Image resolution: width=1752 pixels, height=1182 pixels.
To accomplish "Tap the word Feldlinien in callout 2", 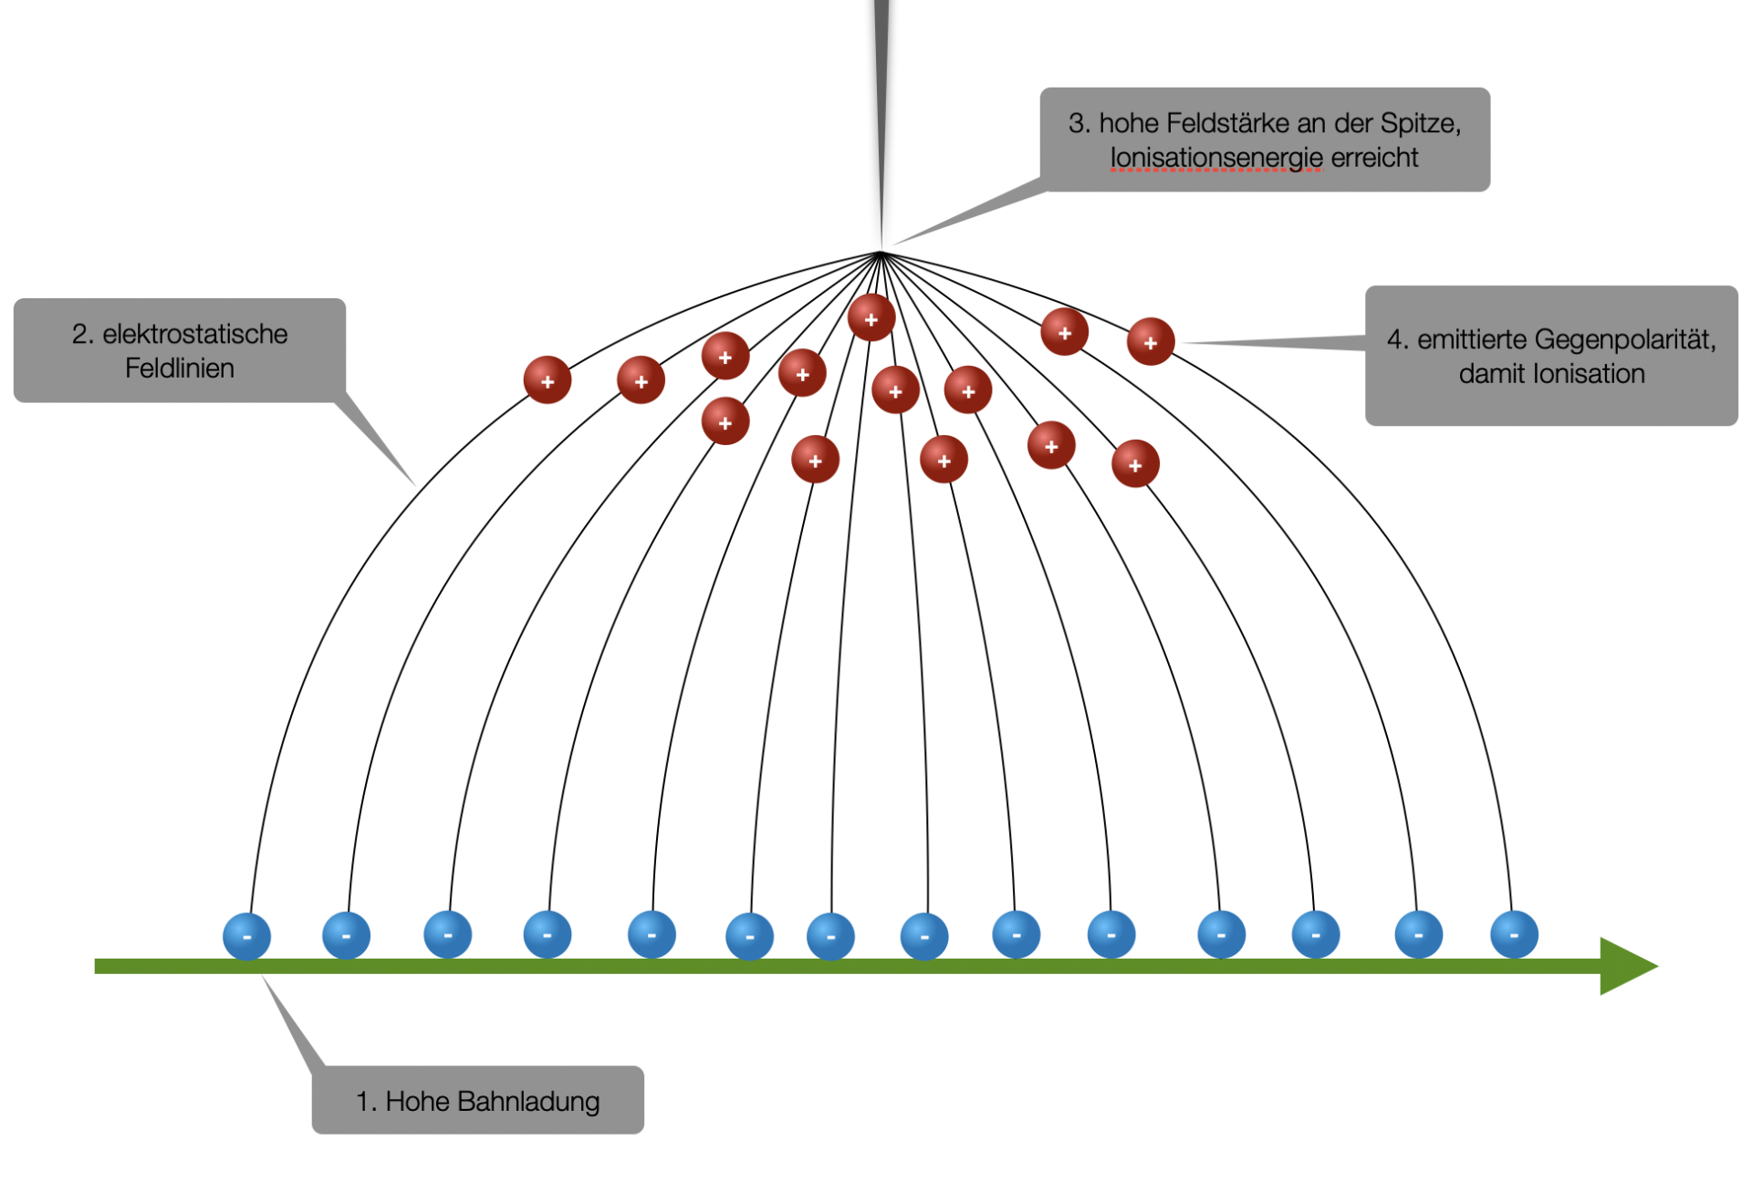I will (x=180, y=368).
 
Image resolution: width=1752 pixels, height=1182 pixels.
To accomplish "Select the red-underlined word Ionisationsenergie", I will (x=1215, y=158).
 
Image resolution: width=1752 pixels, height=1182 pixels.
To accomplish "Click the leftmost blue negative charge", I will (x=246, y=936).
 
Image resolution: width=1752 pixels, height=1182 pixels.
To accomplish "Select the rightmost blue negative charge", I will (x=1514, y=935).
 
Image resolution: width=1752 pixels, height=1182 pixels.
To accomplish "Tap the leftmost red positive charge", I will (x=547, y=380).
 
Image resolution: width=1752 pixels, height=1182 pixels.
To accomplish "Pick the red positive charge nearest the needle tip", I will (x=871, y=318).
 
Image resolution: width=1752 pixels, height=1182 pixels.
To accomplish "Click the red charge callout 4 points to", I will (x=1151, y=342).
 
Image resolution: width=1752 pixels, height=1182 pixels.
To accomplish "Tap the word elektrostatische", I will (x=194, y=334).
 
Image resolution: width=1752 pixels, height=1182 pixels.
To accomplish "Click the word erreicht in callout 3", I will (x=1374, y=158).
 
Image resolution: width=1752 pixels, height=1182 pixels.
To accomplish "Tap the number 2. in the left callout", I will (x=83, y=334).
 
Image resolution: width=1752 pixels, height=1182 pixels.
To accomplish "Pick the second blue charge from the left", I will (x=346, y=935).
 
